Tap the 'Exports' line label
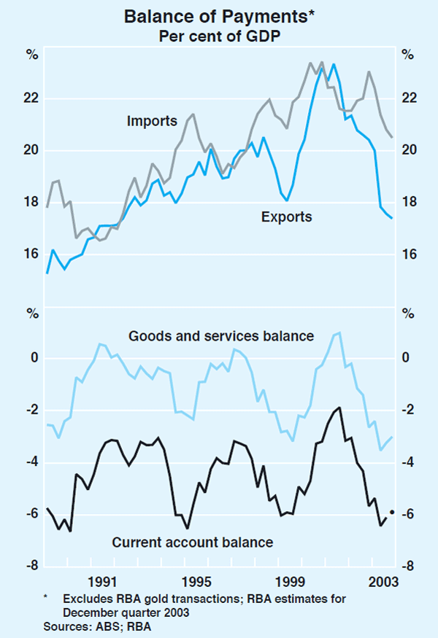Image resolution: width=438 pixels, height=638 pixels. tap(287, 217)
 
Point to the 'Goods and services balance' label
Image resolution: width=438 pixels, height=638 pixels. tap(221, 336)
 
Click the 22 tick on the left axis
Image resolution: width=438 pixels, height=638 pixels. tap(31, 98)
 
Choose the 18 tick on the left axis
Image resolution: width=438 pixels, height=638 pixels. tap(31, 203)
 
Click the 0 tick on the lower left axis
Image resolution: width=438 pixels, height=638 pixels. tap(34, 358)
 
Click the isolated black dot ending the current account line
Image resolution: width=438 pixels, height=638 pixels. tap(392, 513)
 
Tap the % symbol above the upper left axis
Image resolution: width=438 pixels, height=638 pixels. tap(31, 54)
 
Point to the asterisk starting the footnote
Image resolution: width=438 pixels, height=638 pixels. tap(46, 598)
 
